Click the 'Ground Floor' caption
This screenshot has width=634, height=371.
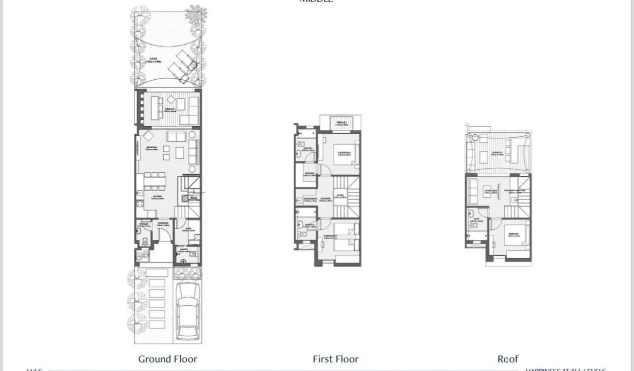167,359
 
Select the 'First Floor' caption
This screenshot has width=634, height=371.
335,359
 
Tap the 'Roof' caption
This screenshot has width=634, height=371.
508,359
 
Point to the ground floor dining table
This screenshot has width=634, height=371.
155,181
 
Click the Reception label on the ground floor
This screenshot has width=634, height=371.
152,148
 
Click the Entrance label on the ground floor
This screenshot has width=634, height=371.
163,224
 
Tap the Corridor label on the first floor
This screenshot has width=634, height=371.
325,199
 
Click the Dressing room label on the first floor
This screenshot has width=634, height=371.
309,174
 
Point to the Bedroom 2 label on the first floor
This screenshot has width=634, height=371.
330,237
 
